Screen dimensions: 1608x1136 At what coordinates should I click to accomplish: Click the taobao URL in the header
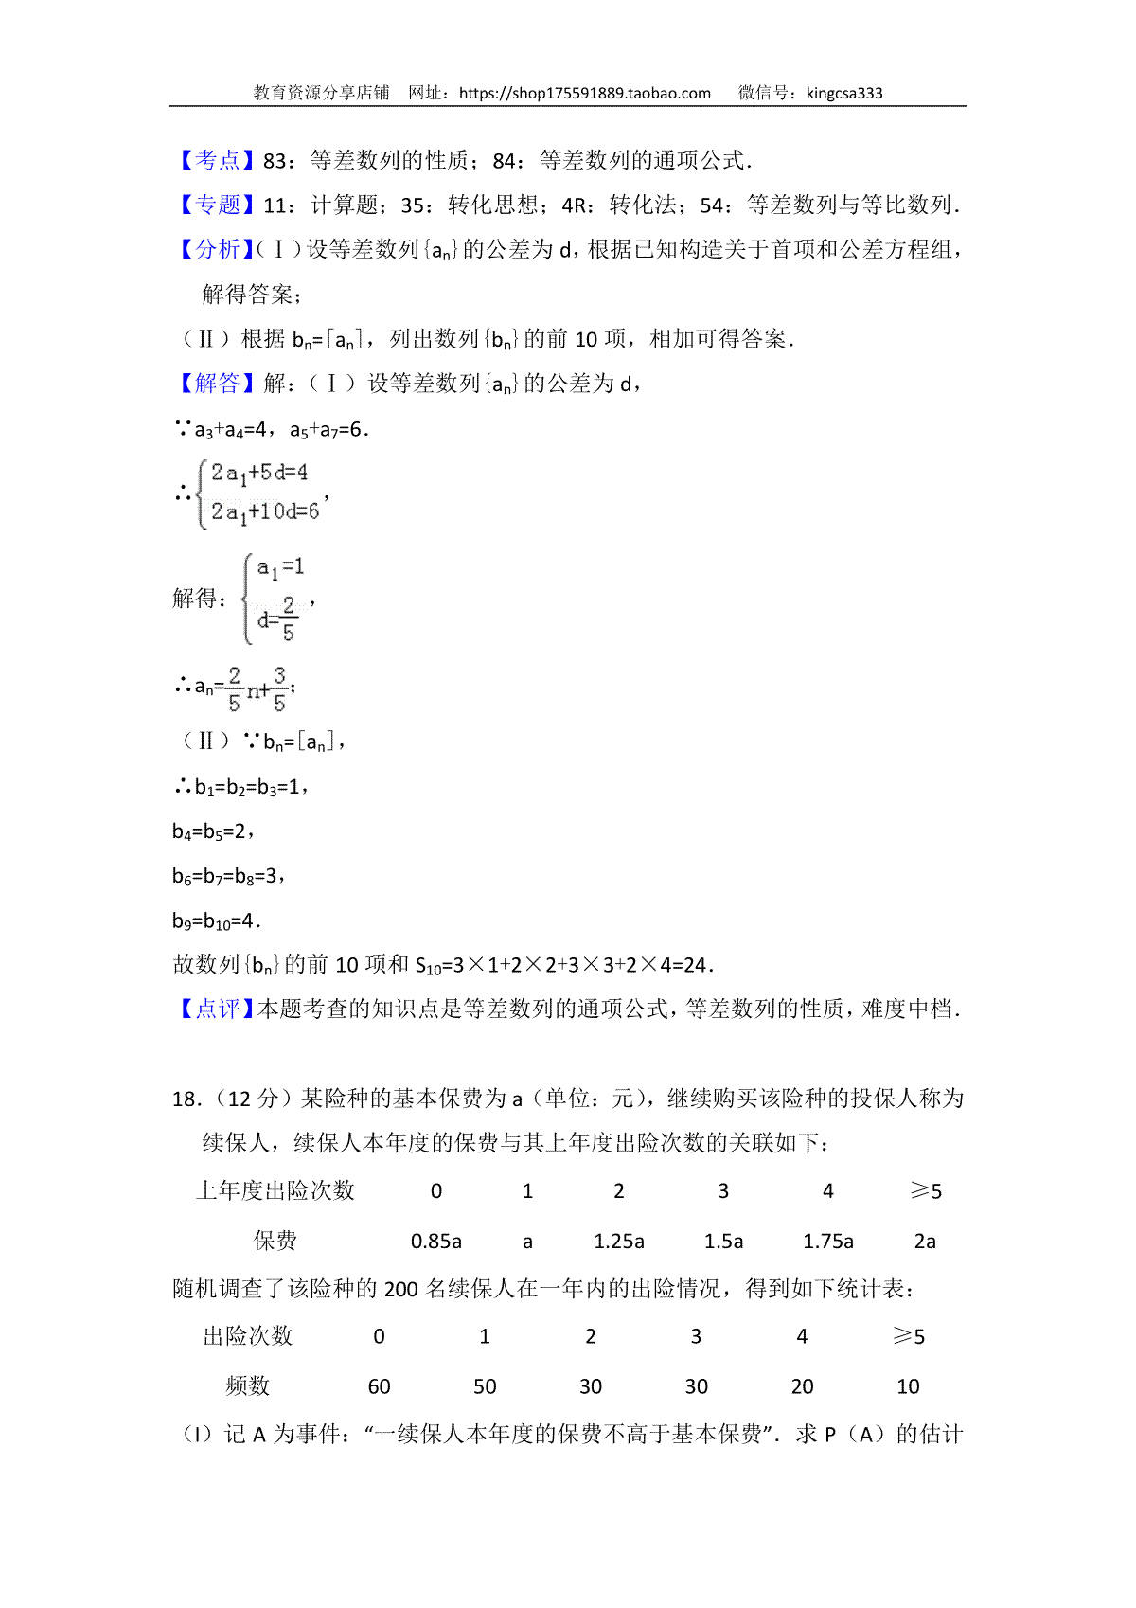(x=584, y=93)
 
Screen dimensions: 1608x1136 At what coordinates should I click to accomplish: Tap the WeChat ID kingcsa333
(x=844, y=93)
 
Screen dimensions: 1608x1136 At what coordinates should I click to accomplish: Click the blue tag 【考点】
(x=217, y=161)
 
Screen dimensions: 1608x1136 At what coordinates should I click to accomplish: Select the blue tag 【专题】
(x=217, y=205)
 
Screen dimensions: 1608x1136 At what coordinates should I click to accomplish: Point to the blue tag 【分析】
(x=217, y=250)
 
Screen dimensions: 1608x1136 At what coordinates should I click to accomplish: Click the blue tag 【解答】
(x=217, y=384)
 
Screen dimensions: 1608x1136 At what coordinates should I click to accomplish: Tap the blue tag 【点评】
(x=217, y=1009)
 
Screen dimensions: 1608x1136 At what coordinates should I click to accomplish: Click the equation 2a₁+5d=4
(x=259, y=473)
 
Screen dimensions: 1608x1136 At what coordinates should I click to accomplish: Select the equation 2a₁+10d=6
(x=265, y=512)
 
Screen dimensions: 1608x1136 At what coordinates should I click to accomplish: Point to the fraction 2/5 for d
(x=288, y=618)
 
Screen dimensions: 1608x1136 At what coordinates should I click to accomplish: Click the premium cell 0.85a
(x=435, y=1242)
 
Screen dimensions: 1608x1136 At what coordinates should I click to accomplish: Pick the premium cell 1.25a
(x=619, y=1242)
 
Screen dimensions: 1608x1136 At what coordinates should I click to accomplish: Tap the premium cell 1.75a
(x=828, y=1242)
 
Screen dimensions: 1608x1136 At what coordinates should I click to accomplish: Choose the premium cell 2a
(x=925, y=1242)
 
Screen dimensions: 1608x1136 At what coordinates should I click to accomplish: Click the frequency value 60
(x=379, y=1386)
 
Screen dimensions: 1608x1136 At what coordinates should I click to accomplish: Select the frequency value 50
(x=485, y=1386)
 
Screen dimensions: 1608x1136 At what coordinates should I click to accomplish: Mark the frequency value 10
(x=908, y=1386)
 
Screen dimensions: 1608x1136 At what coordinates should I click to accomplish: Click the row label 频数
(x=248, y=1386)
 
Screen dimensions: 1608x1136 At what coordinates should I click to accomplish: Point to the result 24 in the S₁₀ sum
(x=695, y=965)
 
